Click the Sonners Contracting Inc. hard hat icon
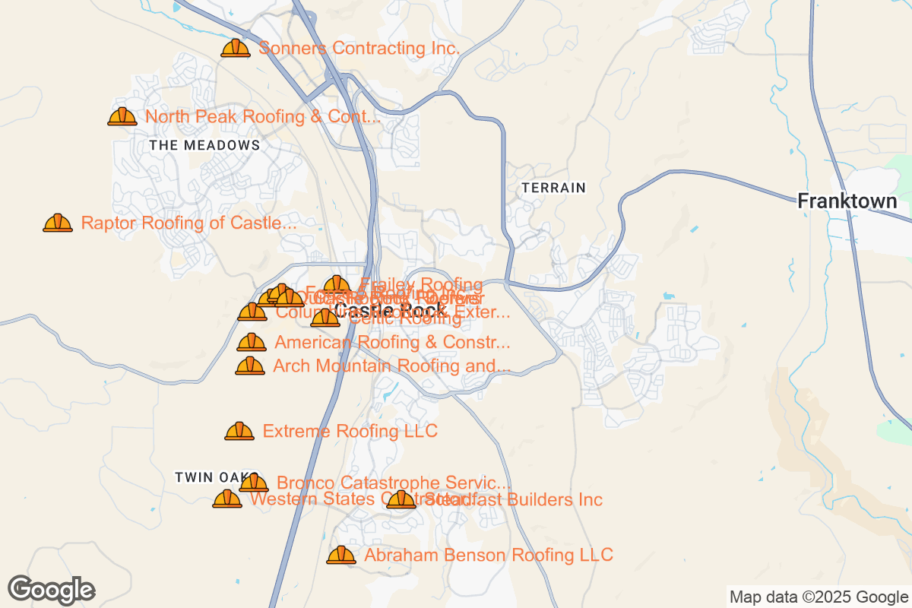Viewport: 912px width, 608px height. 236,49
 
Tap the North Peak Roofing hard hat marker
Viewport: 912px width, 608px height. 122,117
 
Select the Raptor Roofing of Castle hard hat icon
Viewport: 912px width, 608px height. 58,223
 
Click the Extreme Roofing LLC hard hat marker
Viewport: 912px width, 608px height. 239,432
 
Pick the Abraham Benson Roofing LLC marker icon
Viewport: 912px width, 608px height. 341,556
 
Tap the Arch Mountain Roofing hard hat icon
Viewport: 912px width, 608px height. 250,366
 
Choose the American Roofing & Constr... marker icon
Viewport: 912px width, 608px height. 252,343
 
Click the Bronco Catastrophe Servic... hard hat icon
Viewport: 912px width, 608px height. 254,483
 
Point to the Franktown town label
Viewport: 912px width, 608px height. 847,202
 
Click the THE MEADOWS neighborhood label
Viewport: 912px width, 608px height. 204,145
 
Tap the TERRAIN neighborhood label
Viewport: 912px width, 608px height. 554,187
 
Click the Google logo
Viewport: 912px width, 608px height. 52,590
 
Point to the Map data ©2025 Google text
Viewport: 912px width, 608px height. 819,597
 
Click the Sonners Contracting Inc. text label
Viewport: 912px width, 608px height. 359,49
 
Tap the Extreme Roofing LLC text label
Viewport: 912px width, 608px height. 350,432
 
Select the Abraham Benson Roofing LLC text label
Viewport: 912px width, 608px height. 489,556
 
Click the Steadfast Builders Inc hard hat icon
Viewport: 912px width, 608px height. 401,500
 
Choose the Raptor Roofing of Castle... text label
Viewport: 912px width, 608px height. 188,223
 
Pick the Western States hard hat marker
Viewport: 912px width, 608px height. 227,500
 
